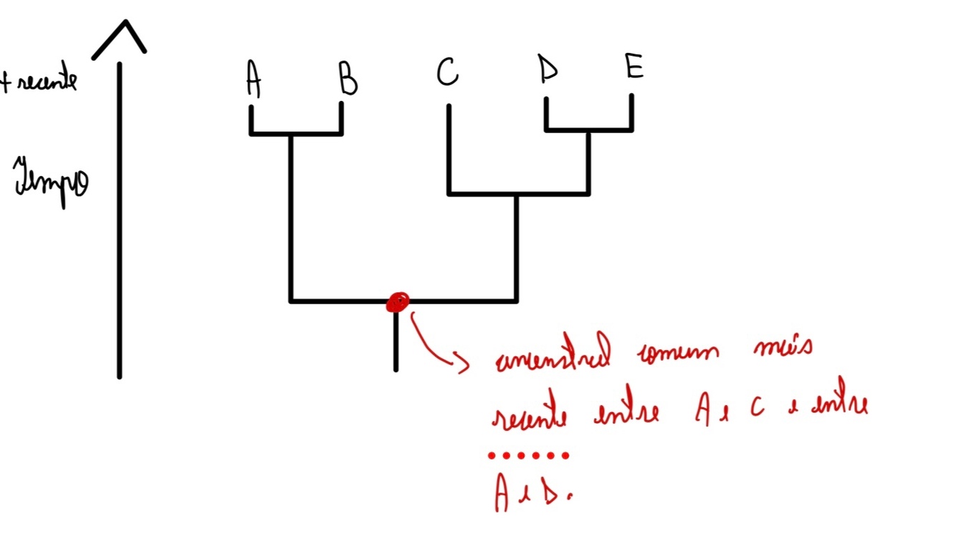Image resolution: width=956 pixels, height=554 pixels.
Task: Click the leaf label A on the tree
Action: (252, 79)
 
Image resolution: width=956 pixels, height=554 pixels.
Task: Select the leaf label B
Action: (348, 79)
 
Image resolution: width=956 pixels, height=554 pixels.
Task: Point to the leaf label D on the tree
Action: (548, 70)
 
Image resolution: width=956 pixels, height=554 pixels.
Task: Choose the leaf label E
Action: (634, 67)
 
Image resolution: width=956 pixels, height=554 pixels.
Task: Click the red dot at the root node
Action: (397, 303)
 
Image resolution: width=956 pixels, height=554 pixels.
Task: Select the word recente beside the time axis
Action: (45, 82)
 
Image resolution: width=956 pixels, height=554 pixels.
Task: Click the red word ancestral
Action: (554, 356)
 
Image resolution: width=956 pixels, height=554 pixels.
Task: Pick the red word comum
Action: (679, 355)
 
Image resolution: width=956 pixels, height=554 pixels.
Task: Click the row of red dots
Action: (528, 455)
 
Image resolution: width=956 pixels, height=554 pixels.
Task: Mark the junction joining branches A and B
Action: (291, 134)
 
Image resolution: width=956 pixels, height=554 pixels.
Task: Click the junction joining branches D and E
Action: (588, 130)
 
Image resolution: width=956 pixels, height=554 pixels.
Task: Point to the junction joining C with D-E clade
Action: (517, 193)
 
